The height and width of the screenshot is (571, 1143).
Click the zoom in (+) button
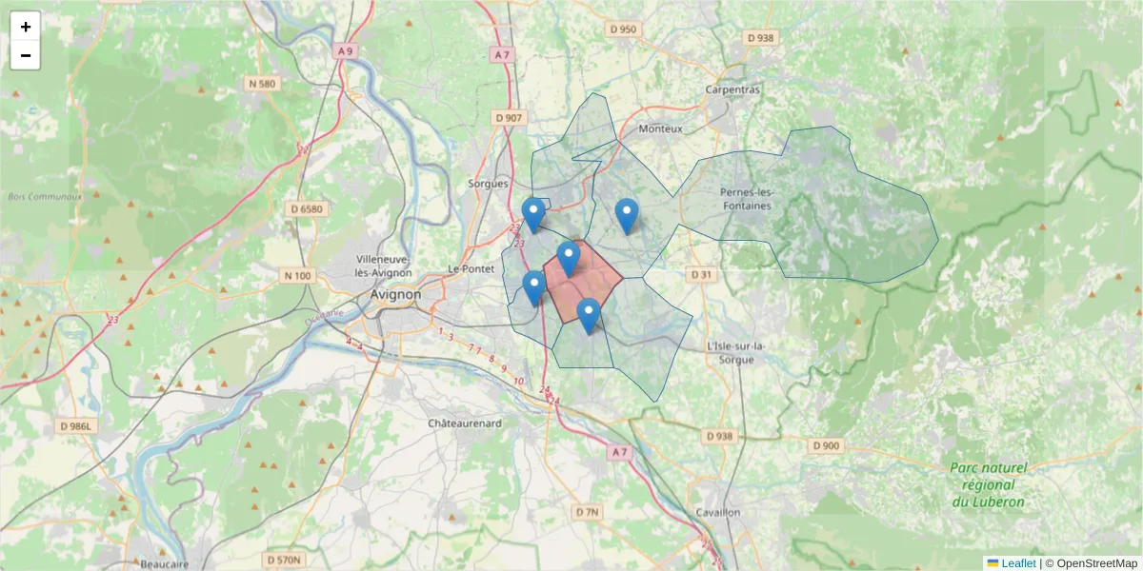tap(26, 27)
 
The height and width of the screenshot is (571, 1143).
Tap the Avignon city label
tap(395, 295)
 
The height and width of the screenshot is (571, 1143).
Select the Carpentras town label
tap(732, 89)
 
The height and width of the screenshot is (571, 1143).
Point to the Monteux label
tap(661, 128)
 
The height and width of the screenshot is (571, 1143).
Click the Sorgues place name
tap(489, 184)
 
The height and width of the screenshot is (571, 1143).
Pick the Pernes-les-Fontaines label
tap(748, 198)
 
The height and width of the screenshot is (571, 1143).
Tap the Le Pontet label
tap(468, 269)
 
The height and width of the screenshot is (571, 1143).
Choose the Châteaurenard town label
tap(465, 423)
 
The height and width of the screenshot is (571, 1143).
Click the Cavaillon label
tap(718, 512)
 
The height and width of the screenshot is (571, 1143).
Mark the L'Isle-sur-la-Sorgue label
tap(732, 353)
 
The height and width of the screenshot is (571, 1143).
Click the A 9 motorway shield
tap(345, 50)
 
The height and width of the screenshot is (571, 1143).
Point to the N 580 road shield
tap(262, 84)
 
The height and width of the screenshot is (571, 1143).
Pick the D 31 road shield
tap(701, 274)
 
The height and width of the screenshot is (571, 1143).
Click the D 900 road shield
tap(826, 445)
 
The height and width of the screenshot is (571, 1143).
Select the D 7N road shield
tap(588, 512)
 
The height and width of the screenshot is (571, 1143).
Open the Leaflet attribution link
tap(1017, 563)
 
